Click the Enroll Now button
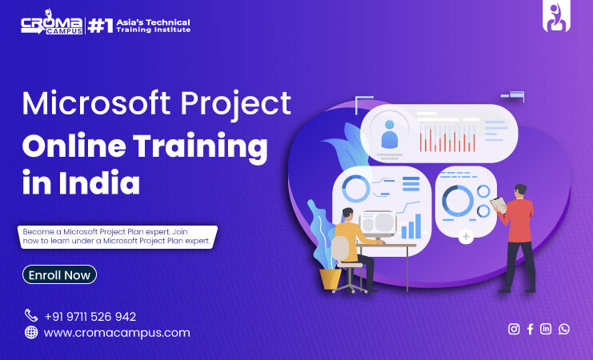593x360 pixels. click(x=59, y=274)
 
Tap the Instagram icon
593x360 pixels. click(x=514, y=329)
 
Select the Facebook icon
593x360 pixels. click(x=531, y=329)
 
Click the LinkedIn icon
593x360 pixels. click(x=546, y=329)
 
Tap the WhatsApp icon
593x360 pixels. click(x=564, y=329)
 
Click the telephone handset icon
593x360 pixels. click(x=31, y=315)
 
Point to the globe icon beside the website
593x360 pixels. click(x=31, y=332)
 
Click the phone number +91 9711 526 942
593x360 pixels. click(x=90, y=317)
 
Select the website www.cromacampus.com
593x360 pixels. click(x=117, y=333)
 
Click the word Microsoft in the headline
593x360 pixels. click(x=97, y=103)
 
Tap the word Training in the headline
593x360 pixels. click(x=200, y=147)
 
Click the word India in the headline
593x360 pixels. click(x=99, y=182)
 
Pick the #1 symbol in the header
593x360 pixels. click(x=101, y=26)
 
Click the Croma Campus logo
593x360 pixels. click(x=52, y=22)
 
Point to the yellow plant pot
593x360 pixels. click(x=331, y=279)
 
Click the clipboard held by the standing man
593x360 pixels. click(x=499, y=205)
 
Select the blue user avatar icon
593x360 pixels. click(x=390, y=134)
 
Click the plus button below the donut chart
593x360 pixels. click(x=466, y=237)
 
